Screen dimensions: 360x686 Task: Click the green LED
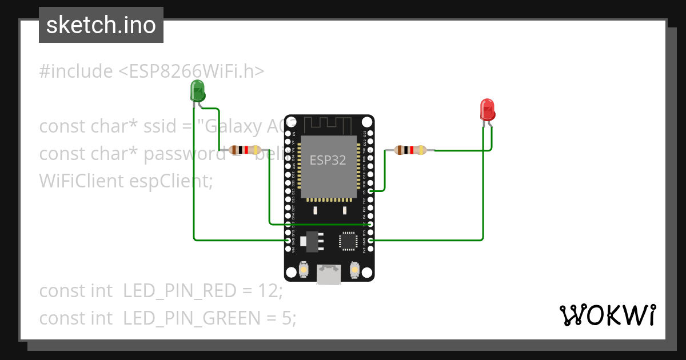(197, 91)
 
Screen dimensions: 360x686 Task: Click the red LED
(487, 109)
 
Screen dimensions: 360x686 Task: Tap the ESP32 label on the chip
(328, 161)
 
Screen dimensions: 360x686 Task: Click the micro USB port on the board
(329, 275)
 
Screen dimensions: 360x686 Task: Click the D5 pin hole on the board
(371, 191)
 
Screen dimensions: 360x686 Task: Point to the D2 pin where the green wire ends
(371, 224)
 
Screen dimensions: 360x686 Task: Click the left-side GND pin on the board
(288, 241)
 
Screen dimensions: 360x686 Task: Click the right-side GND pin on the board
(371, 241)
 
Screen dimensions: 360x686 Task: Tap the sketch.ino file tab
(101, 25)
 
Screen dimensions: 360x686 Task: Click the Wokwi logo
(607, 315)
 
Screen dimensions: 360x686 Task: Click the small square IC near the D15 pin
(348, 241)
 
